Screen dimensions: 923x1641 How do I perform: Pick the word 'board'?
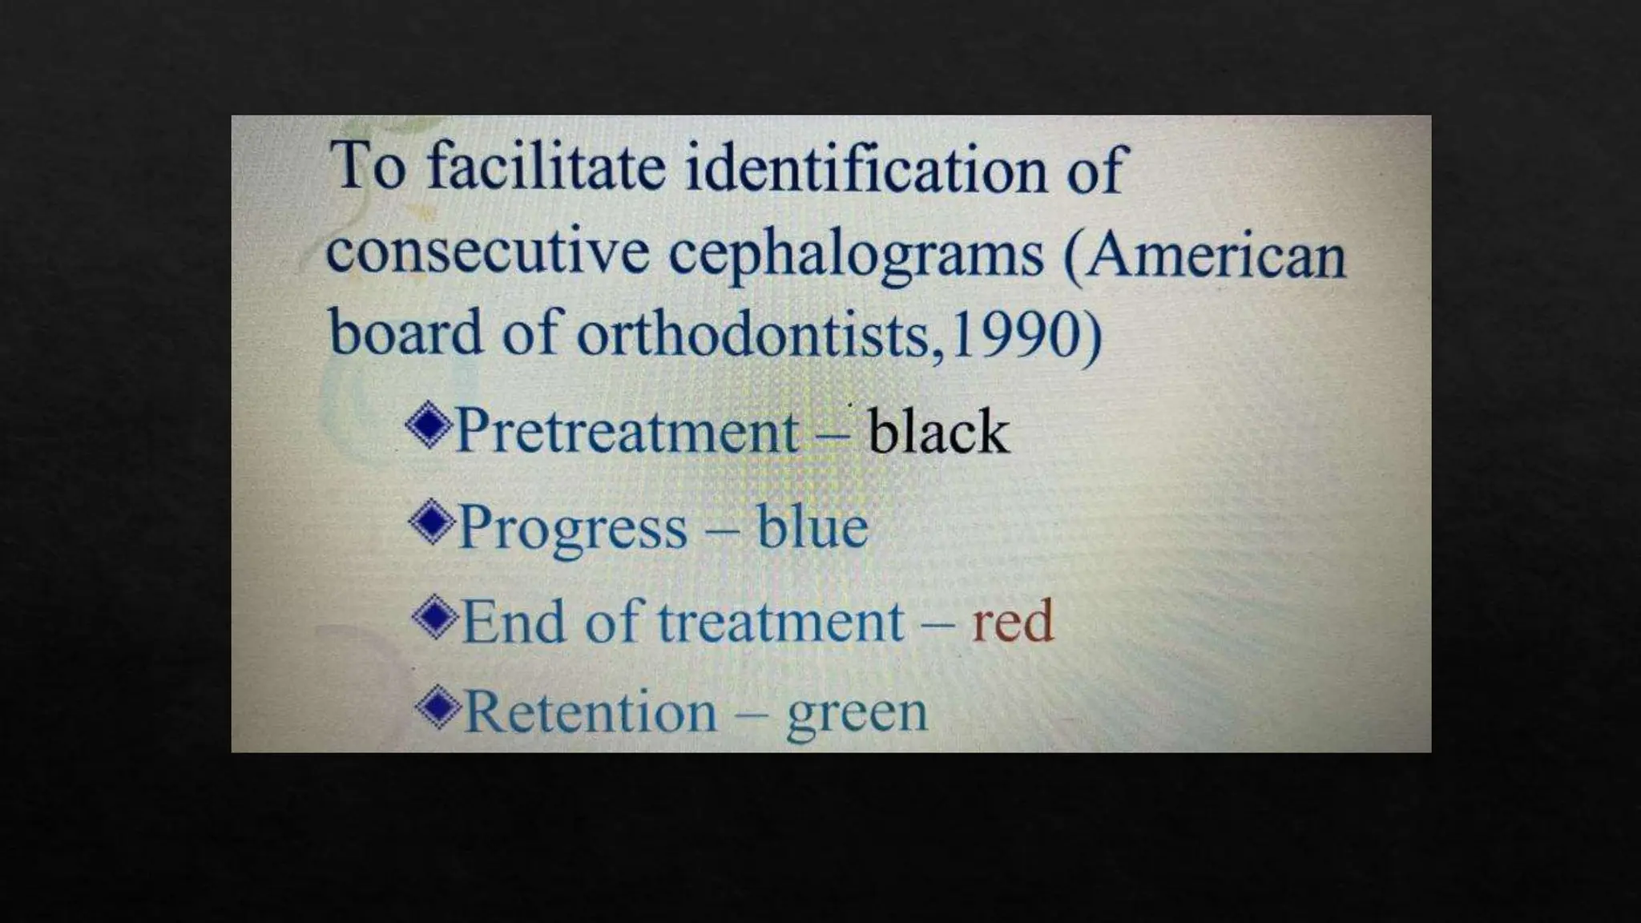tap(405, 333)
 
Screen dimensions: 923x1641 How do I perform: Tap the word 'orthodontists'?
tap(754, 334)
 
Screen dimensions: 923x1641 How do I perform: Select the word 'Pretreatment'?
tap(627, 431)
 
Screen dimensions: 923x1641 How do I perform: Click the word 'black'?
tap(938, 432)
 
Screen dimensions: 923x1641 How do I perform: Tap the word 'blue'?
tap(812, 527)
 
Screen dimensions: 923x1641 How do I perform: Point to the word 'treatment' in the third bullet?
tap(780, 622)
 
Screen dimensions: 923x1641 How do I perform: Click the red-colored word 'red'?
tap(1012, 621)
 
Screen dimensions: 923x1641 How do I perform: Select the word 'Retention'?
tap(591, 711)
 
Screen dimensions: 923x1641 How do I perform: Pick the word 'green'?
tap(857, 713)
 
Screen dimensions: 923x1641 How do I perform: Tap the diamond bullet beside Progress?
tap(432, 522)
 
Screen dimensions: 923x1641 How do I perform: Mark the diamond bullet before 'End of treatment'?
tap(435, 616)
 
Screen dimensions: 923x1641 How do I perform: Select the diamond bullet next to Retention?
tap(438, 707)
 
